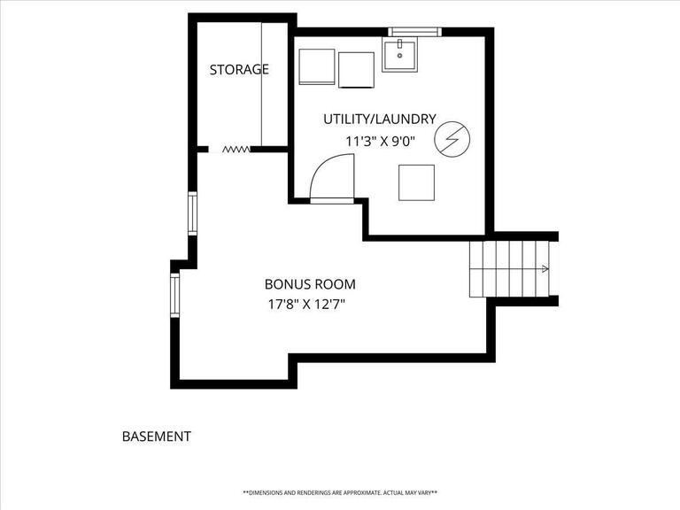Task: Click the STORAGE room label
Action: pyautogui.click(x=239, y=69)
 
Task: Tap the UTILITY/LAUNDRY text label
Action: pyautogui.click(x=379, y=119)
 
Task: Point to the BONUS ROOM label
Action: pyautogui.click(x=310, y=284)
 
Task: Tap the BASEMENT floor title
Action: pyautogui.click(x=156, y=437)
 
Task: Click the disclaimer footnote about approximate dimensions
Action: pyautogui.click(x=340, y=492)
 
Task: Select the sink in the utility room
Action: pyautogui.click(x=406, y=54)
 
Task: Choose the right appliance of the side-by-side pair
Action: pyautogui.click(x=356, y=69)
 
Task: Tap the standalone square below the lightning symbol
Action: pyautogui.click(x=416, y=182)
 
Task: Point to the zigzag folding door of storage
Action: pyautogui.click(x=235, y=150)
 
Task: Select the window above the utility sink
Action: pyautogui.click(x=414, y=32)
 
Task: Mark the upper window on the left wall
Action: pyautogui.click(x=191, y=213)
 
